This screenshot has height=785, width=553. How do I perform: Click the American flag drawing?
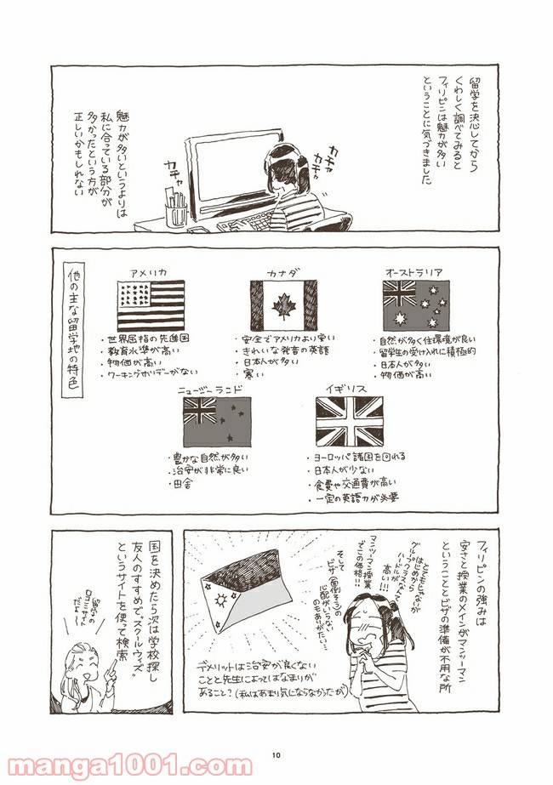151,304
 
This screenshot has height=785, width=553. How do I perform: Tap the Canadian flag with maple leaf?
282,304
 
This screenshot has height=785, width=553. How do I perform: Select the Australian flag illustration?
415,304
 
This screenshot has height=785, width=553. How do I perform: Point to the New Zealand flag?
216,422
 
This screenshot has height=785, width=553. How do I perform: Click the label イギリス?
349,388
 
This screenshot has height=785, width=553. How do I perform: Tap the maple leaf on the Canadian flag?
282,304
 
